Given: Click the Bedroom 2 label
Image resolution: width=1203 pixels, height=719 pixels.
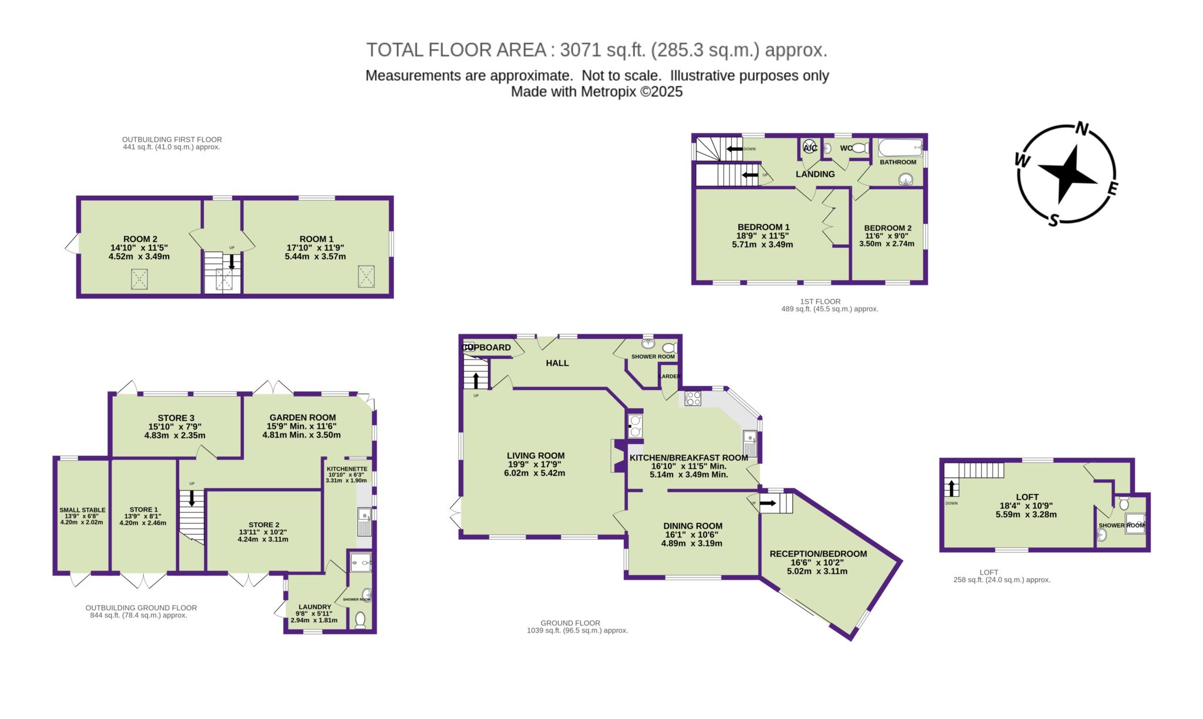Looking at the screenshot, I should point(888,228).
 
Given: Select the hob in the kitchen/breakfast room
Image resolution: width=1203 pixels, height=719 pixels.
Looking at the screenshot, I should point(693,398).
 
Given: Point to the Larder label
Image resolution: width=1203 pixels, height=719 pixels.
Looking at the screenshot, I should point(670,376).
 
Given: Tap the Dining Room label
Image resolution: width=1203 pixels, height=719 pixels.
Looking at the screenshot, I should point(693,526).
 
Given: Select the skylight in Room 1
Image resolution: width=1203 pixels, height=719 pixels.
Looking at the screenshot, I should point(366,276).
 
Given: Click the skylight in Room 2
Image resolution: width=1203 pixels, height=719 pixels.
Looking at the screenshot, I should point(139,279).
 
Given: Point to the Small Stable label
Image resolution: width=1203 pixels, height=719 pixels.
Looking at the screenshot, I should point(82,510).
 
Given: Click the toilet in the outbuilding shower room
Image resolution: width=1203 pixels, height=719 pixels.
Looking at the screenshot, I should point(361,620).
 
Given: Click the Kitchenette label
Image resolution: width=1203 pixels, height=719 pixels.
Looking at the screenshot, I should point(347,468).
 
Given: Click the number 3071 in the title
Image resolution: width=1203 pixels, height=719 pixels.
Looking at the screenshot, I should point(581,50).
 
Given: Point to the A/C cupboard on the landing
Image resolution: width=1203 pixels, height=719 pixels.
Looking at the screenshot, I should point(809,147).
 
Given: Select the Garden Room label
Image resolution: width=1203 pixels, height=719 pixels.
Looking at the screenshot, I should point(303,418).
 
